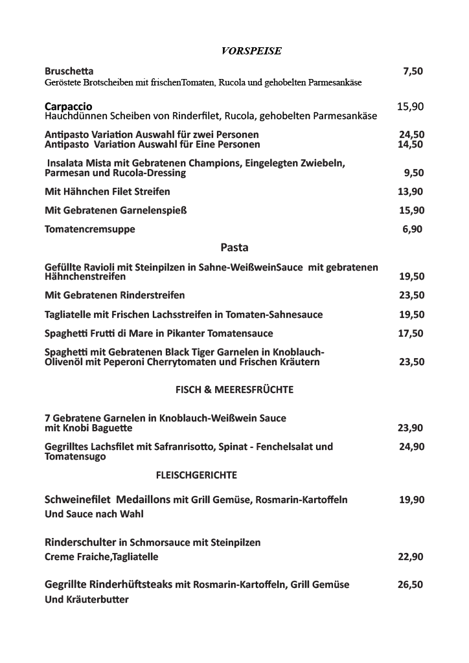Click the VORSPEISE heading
coord(251,51)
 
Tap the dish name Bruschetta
coord(69,71)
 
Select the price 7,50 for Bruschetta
coord(413,71)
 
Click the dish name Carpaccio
coord(69,106)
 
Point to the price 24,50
coord(411,135)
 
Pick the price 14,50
coord(411,144)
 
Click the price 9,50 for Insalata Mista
coord(413,173)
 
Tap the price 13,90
coord(411,192)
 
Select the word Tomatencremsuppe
coord(90,229)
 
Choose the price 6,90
coord(413,229)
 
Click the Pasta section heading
coord(234,247)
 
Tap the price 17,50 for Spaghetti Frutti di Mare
coord(411,333)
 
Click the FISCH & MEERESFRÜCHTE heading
coord(234,390)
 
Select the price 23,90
coord(411,428)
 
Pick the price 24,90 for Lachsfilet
coord(412,447)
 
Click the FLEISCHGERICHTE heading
coord(196,475)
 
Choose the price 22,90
coord(411,557)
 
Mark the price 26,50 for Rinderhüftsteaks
coord(411,585)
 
